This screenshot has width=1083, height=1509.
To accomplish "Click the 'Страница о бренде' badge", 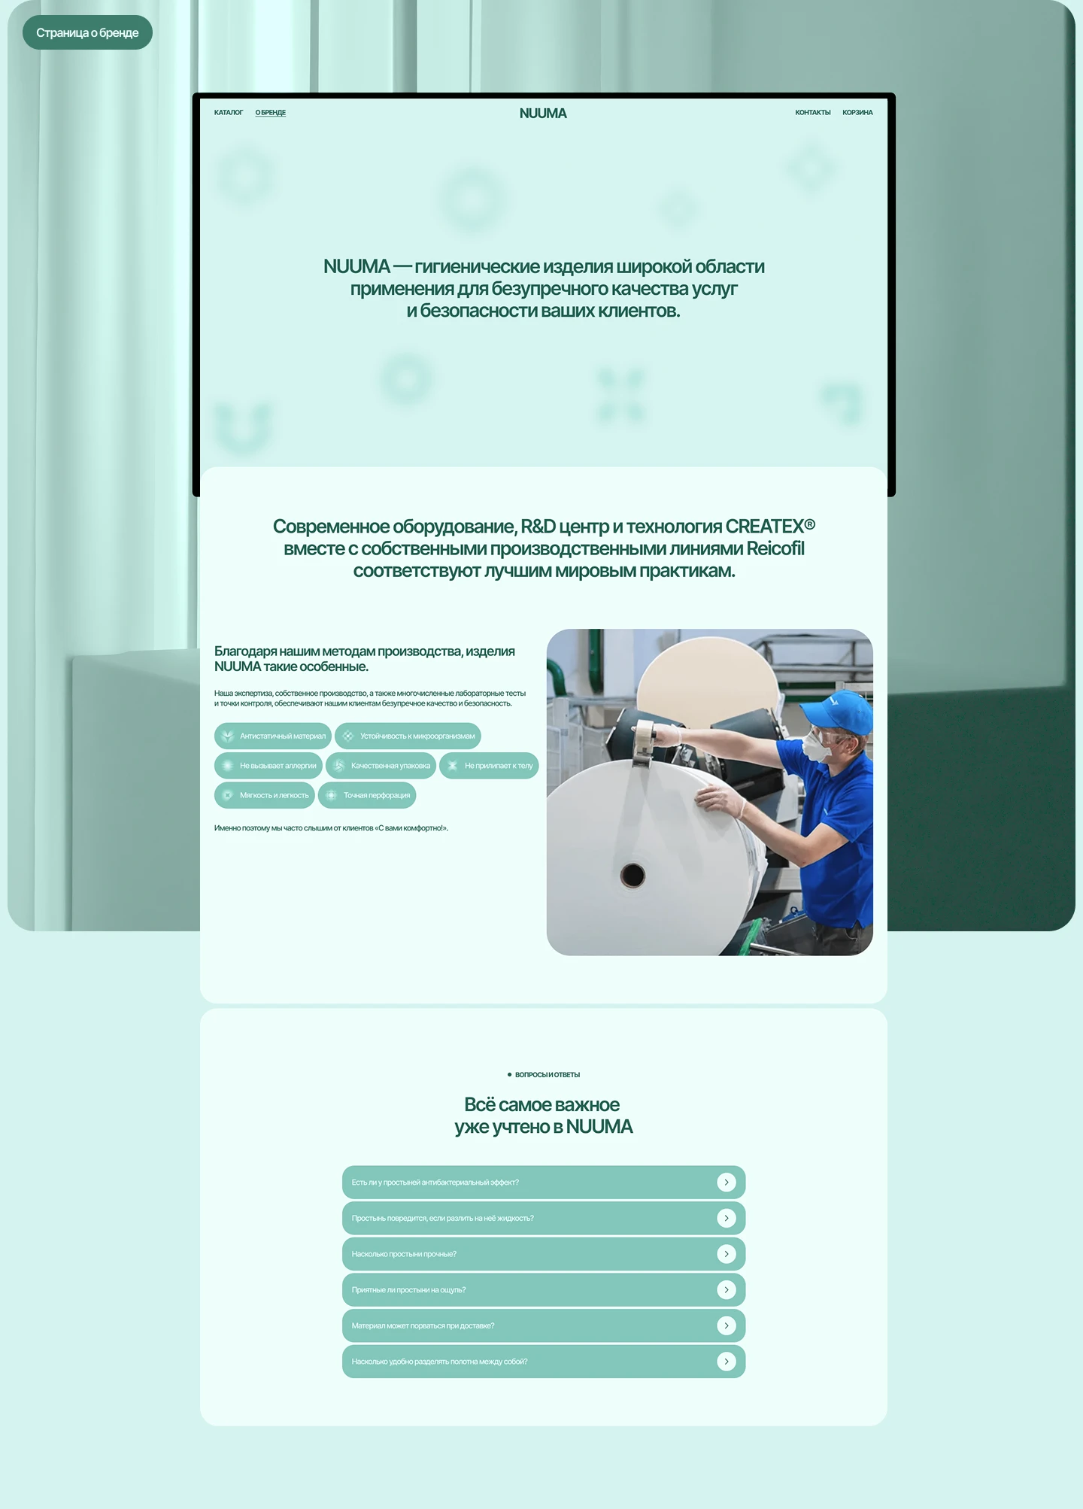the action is (x=87, y=32).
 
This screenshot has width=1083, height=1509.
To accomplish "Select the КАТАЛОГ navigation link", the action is (x=229, y=113).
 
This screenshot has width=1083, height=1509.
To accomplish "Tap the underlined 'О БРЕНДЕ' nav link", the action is (x=271, y=113).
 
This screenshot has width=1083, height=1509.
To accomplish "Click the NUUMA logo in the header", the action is (x=543, y=114).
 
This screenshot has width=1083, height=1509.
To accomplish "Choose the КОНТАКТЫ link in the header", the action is (x=813, y=113).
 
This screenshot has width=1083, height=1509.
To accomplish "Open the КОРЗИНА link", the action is (x=857, y=113).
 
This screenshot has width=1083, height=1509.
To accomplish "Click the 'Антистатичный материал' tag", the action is (x=273, y=736).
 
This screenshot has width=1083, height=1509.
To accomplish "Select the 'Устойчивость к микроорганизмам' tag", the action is (x=408, y=736).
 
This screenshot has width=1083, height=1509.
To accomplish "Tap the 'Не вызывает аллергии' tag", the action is (x=268, y=766).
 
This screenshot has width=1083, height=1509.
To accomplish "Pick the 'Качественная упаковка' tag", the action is (x=381, y=766).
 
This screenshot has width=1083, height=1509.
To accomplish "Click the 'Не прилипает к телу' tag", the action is (x=489, y=766).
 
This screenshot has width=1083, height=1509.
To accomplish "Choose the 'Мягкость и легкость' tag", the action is (x=265, y=795).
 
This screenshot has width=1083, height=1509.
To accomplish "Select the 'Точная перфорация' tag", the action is (x=367, y=795).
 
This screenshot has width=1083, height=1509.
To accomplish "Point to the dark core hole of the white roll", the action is (x=633, y=875).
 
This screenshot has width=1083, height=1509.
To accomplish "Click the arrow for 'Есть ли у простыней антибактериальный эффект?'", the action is (x=727, y=1183).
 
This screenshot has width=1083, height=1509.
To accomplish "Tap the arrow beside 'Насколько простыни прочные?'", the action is (x=727, y=1254).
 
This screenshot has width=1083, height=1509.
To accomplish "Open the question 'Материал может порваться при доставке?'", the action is (x=544, y=1325).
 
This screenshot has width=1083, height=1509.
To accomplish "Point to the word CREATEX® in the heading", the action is (x=770, y=526).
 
